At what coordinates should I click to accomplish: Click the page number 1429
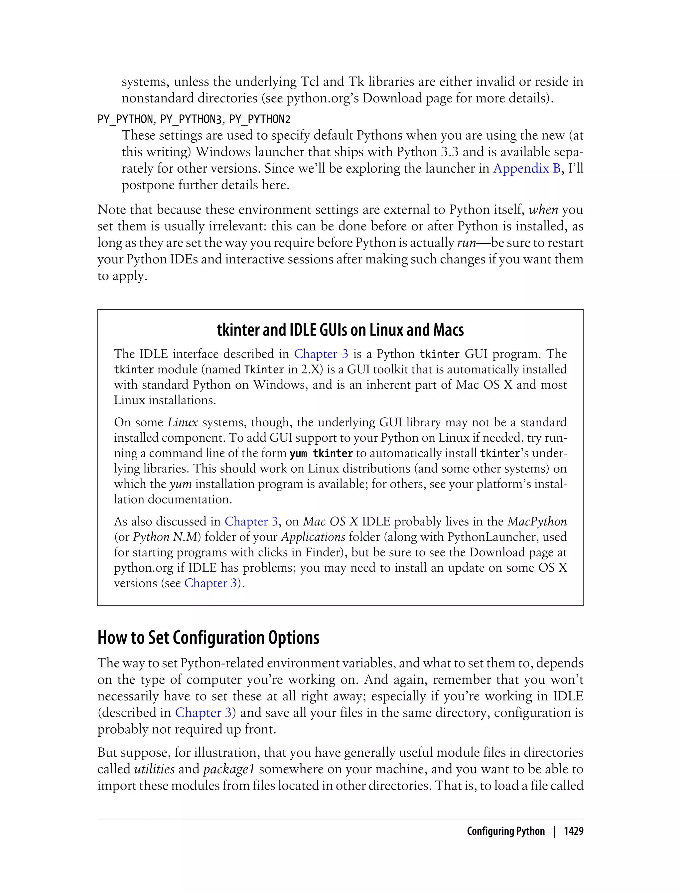tap(574, 831)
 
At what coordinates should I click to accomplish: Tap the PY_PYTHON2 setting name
tap(260, 119)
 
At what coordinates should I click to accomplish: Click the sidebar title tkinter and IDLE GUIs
tap(340, 330)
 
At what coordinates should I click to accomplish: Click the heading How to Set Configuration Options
tap(208, 638)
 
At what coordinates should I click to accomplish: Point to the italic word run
tap(466, 243)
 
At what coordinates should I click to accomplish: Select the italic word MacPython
tap(537, 521)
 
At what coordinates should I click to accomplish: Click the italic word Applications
tap(313, 537)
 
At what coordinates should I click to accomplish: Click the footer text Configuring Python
tap(505, 831)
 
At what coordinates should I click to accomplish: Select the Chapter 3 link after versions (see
tap(210, 583)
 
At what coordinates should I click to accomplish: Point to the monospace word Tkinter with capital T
tap(264, 370)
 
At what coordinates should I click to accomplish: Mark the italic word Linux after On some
tap(183, 422)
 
